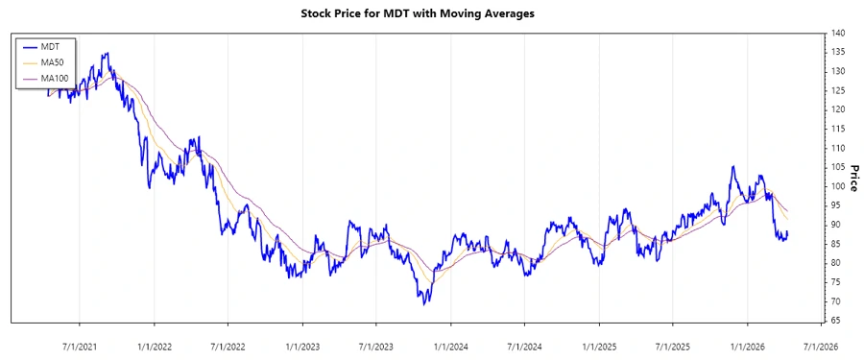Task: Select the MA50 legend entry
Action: coord(52,62)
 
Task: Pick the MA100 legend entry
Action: coord(54,78)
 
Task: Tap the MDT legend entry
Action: coord(50,47)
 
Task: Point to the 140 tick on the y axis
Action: coord(838,34)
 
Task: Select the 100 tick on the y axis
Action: coord(838,186)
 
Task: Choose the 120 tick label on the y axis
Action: coord(838,109)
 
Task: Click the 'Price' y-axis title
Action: coord(853,178)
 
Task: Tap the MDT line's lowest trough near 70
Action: coord(423,302)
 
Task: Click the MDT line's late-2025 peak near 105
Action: coord(732,167)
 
